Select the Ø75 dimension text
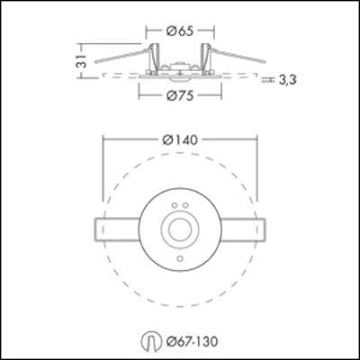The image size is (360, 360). (180, 95)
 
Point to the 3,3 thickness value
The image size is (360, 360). (288, 80)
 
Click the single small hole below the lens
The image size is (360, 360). (181, 259)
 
